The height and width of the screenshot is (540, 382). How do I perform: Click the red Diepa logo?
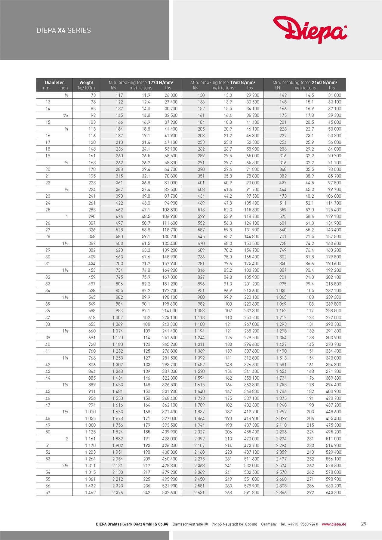point(310,29)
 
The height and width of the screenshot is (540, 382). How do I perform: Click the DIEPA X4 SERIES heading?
point(64,30)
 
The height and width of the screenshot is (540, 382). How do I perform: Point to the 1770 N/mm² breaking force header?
point(141,82)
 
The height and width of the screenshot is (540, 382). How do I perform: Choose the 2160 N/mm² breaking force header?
point(305,82)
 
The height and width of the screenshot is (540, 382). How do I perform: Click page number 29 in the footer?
point(363,524)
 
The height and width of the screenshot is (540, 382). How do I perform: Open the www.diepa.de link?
point(334,524)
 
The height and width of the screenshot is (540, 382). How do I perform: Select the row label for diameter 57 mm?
point(48,492)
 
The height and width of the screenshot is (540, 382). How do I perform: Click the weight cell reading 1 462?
point(90,492)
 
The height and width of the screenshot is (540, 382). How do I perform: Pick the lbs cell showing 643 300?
point(333,492)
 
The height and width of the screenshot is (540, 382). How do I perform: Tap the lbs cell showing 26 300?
point(171,95)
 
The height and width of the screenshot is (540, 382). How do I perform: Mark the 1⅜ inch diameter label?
point(65,297)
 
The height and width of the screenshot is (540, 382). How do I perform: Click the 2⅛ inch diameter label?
point(65,465)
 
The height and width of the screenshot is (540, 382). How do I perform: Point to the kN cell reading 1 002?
point(118,317)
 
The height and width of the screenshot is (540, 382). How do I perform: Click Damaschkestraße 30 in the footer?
point(190,524)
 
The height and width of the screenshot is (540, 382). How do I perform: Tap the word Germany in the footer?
point(269,524)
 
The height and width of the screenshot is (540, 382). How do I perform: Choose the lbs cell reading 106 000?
point(333,196)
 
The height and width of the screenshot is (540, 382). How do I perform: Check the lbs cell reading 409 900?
point(170,432)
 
